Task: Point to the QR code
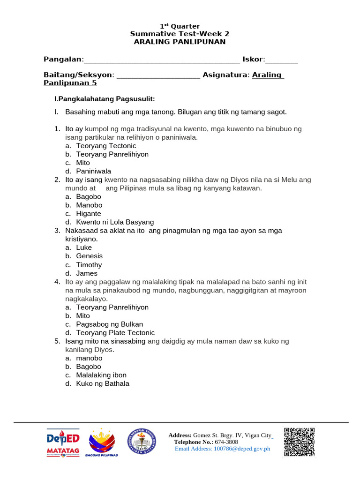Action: (x=299, y=441)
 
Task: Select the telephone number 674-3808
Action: (x=226, y=442)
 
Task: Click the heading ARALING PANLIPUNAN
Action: (x=180, y=42)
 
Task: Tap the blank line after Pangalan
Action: (x=162, y=60)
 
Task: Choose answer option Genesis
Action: (x=89, y=256)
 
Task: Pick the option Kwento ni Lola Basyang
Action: (x=115, y=222)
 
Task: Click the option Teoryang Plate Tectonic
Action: (x=115, y=333)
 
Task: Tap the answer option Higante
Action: (x=89, y=214)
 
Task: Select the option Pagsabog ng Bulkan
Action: (x=110, y=324)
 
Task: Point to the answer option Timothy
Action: (x=89, y=265)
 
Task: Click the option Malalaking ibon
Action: (x=101, y=375)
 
